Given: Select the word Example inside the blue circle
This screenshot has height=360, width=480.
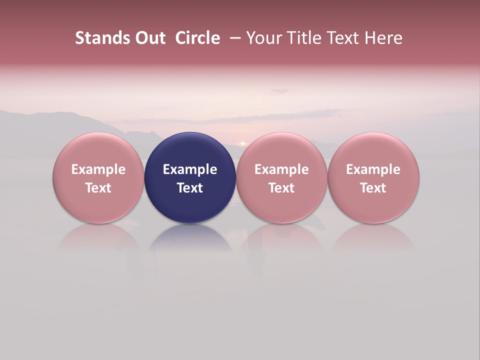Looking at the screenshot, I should (190, 169).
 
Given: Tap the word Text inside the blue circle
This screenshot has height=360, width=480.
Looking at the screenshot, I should (190, 188).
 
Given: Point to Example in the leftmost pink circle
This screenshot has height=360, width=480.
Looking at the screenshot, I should (98, 169).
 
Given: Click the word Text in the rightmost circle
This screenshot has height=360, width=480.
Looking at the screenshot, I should (373, 188).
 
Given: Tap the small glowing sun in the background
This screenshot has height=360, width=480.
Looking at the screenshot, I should (243, 143).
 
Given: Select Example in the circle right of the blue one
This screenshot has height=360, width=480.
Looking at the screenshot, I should (281, 169).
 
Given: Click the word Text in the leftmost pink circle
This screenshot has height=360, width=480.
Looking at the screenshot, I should (98, 188).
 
